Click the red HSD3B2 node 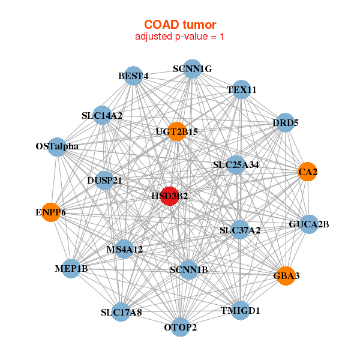pos(170,196)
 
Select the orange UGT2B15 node pos(176,131)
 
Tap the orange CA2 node pos(307,172)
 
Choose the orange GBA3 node pos(286,275)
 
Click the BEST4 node pos(133,76)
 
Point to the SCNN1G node pos(192,69)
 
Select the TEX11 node pos(241,90)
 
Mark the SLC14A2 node pos(103,116)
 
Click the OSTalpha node pos(57,146)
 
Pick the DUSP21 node pos(105,181)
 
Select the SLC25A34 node pos(236,164)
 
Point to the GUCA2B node pos(308,224)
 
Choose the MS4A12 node pos(124,249)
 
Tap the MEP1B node pos(71,269)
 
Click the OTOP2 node pos(181,327)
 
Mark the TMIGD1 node pos(240,310)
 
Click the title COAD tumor pos(180,24)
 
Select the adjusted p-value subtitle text pos(180,37)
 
